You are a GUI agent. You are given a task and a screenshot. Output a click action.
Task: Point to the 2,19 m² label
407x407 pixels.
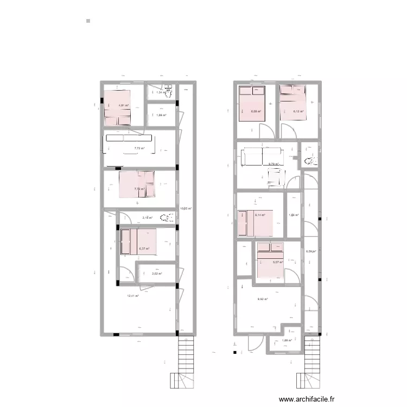click(147, 218)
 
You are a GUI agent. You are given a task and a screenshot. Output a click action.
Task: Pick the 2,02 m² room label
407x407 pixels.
click(157, 274)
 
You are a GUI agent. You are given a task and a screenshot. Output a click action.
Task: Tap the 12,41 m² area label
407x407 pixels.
click(133, 296)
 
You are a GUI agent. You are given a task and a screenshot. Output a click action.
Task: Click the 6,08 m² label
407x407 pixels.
click(256, 111)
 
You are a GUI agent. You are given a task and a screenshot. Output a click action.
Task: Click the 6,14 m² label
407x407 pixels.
click(260, 215)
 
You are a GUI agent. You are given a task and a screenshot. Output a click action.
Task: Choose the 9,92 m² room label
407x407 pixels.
click(263, 299)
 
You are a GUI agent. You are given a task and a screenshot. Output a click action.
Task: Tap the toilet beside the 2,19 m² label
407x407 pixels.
click(168, 217)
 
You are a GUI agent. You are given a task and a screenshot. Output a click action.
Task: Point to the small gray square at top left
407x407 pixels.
click(88, 21)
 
